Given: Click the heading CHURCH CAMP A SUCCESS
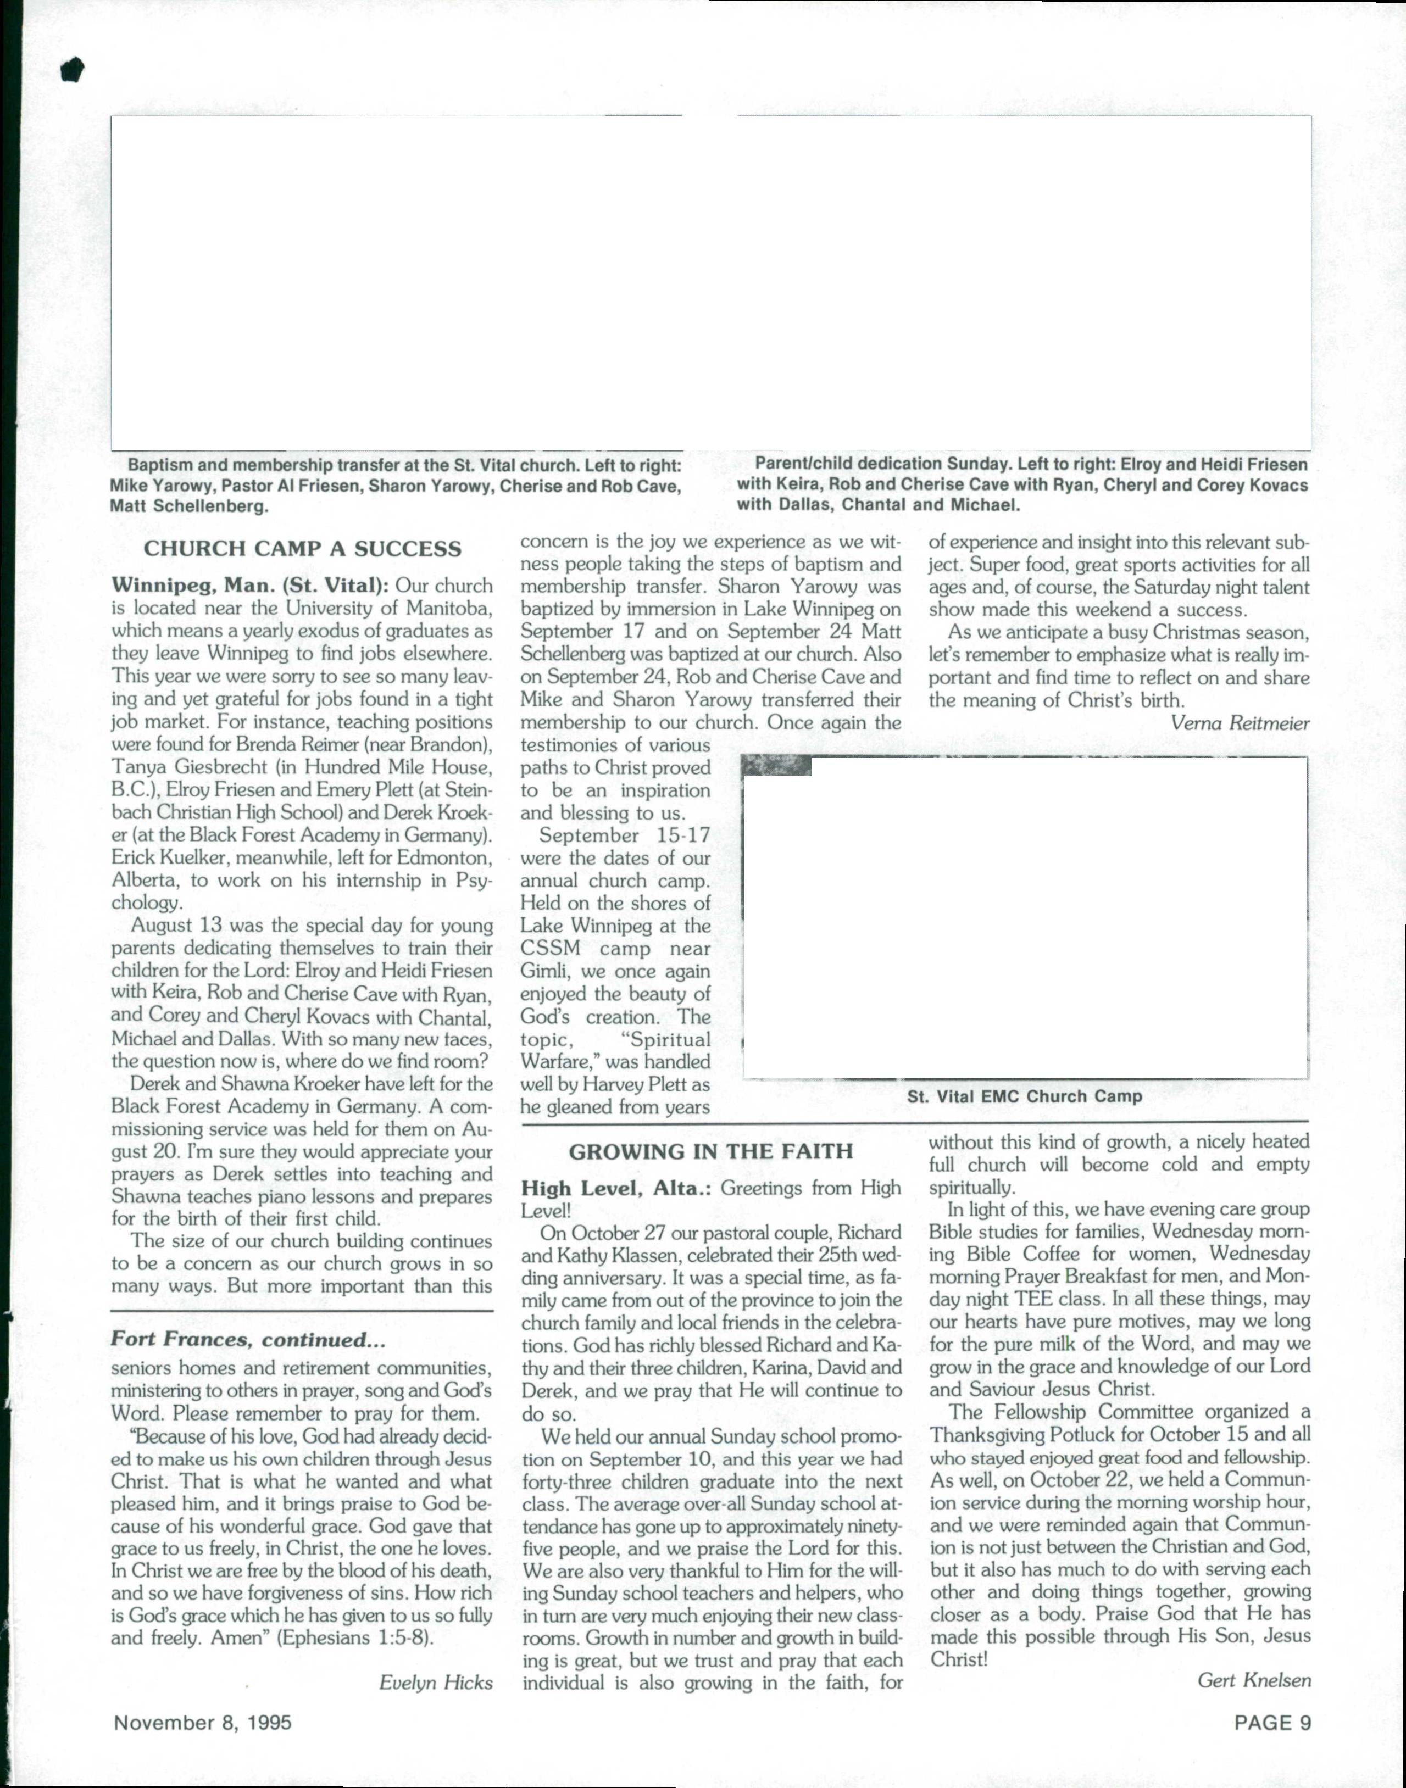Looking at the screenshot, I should pos(302,549).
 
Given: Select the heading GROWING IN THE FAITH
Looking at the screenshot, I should pos(710,1151).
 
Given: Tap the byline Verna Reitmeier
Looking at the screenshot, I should pos(1239,723).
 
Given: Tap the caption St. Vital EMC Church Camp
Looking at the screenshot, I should pos(1024,1097).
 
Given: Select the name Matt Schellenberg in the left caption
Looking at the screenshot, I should pos(188,506).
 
